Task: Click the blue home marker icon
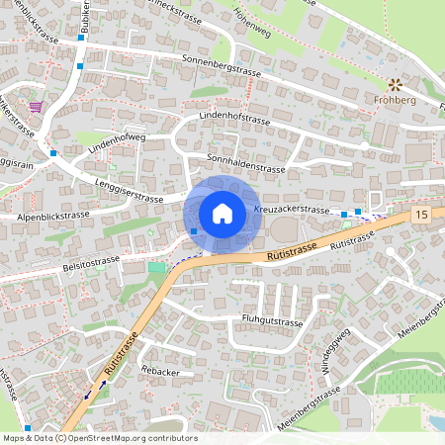pos(222,213)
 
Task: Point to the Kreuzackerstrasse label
pos(291,210)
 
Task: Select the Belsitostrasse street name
pos(90,264)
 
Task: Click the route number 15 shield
pos(422,214)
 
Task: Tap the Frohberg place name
pos(394,101)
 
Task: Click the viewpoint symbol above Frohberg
pos(394,85)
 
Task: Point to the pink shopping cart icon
pos(37,106)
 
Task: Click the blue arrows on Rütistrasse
pos(95,389)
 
